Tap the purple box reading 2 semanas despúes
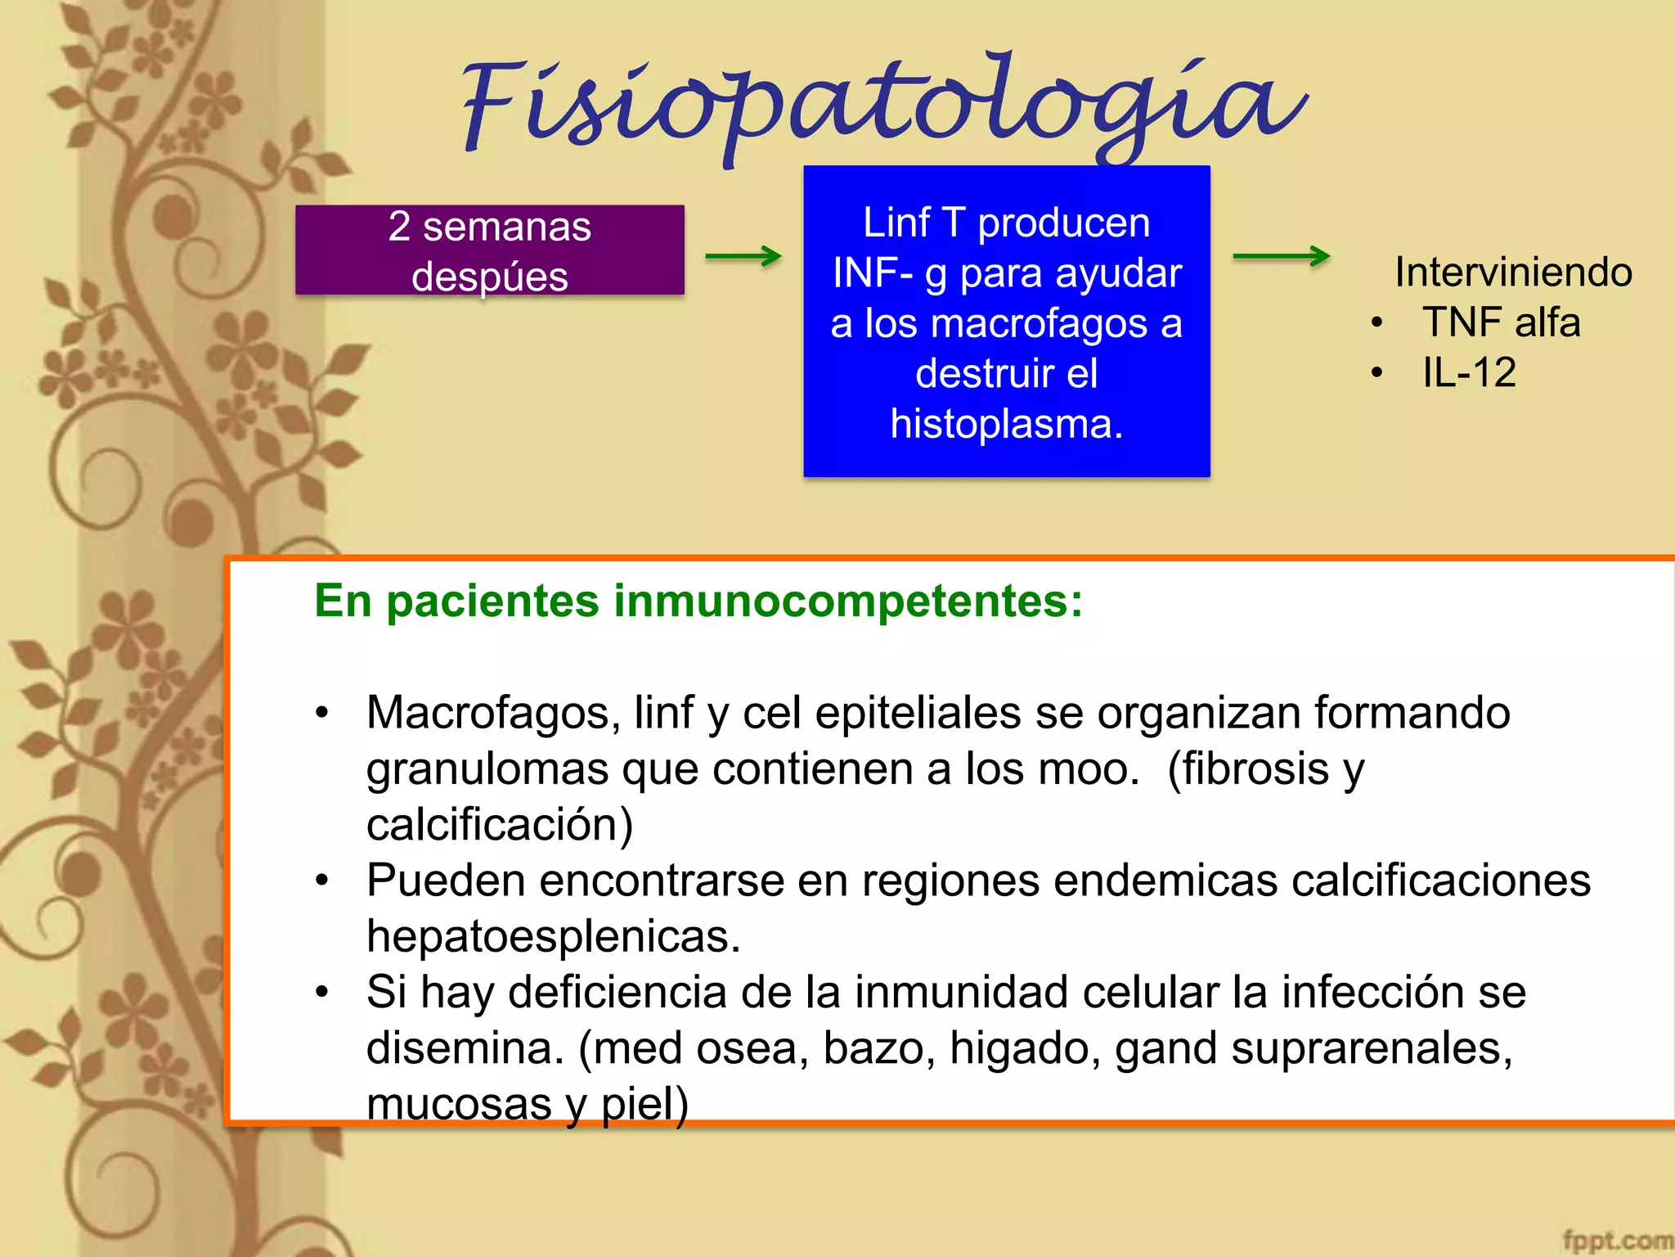pos(489,250)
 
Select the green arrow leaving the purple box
pos(743,256)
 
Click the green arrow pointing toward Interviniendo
pos(1281,256)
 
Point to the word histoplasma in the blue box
pos(1005,424)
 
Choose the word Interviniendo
pos(1513,272)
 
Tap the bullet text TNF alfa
pos(1501,322)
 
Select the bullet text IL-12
pos(1469,373)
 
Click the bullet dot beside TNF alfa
pos(1377,322)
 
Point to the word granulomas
pos(487,770)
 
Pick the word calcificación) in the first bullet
pos(500,825)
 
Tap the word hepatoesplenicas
pos(553,936)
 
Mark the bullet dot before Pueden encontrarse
pos(322,881)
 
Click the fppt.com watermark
pos(1616,1241)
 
